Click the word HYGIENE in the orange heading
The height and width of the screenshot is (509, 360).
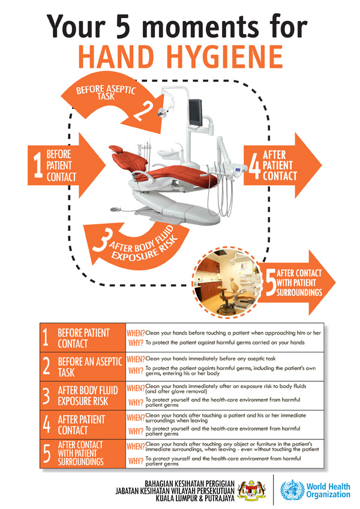225,56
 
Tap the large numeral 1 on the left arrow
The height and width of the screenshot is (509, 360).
38,165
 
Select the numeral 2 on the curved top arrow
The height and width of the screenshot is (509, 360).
143,111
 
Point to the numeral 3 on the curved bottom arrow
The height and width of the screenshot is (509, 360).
101,241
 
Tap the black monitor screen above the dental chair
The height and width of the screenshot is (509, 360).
195,112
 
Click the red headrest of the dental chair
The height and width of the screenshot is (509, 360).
116,149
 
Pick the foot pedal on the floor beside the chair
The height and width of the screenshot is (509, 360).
115,209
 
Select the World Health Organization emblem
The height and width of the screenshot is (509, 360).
292,490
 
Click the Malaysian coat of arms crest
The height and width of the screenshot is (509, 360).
252,490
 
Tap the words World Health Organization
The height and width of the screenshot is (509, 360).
328,490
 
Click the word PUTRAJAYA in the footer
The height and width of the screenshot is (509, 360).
218,498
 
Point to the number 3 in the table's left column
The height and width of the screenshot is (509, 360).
47,396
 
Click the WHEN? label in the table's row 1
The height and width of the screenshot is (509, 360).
136,333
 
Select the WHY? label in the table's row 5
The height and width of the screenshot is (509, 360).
136,461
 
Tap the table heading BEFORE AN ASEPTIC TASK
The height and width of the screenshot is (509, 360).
90,367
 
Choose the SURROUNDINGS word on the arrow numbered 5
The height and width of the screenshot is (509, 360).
299,293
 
